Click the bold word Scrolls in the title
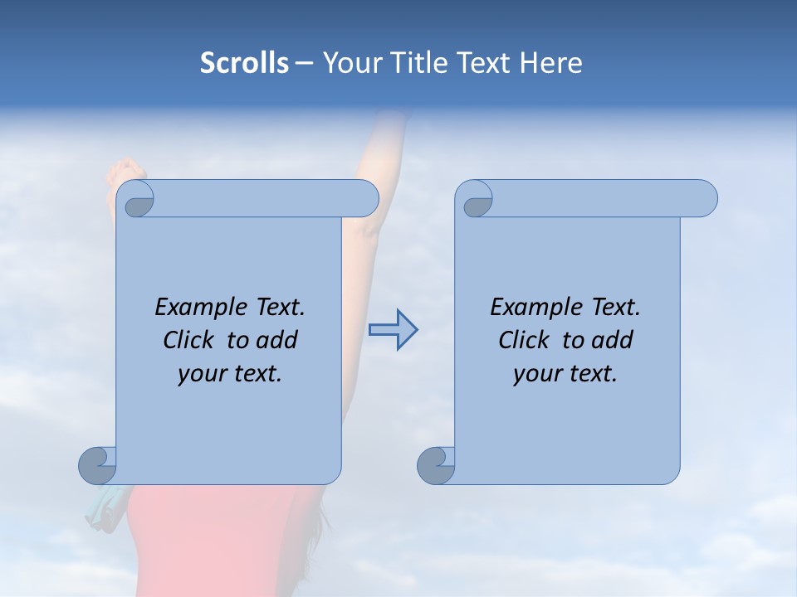point(245,63)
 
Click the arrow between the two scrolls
point(394,330)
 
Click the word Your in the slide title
point(347,63)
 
